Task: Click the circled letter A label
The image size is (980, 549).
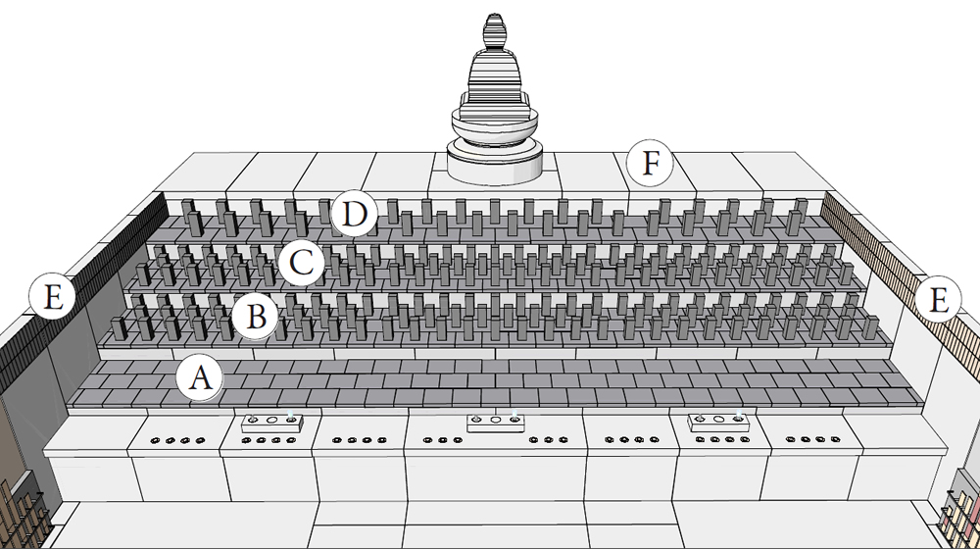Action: tap(200, 377)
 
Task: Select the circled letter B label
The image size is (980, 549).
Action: tap(255, 317)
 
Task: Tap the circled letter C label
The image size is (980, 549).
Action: tap(300, 262)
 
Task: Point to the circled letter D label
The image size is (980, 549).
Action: tap(354, 213)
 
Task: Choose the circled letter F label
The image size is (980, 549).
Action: tap(650, 164)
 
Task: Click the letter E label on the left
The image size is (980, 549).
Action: tap(51, 296)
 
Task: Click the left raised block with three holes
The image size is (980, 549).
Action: tap(272, 422)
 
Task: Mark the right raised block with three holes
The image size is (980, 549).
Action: tap(718, 422)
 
